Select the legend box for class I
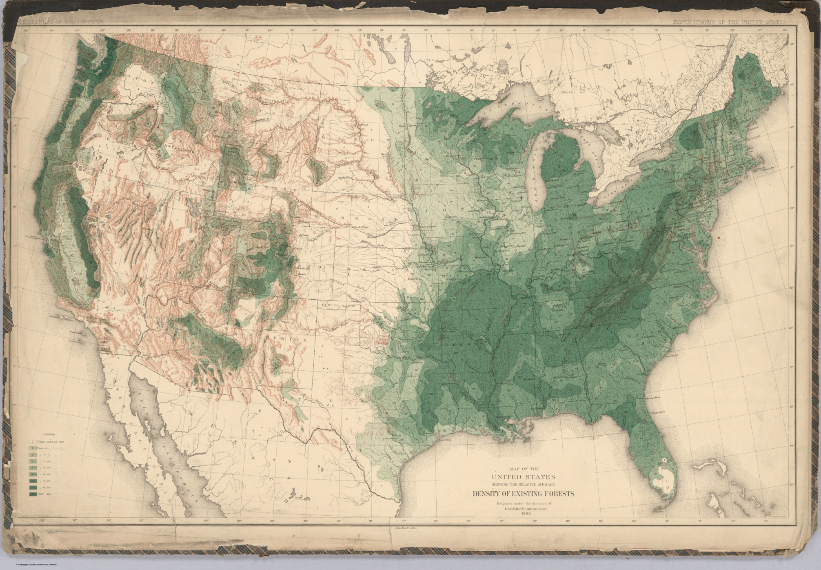[x=31, y=442]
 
